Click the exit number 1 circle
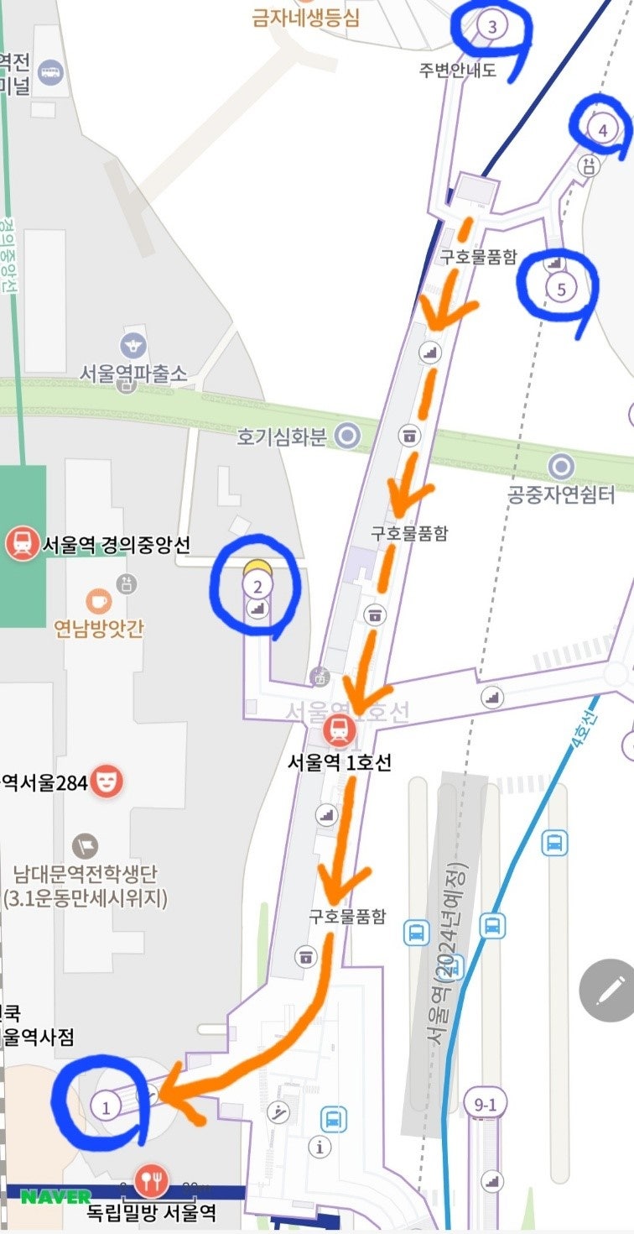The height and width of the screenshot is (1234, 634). [106, 1106]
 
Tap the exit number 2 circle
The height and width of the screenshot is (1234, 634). [257, 584]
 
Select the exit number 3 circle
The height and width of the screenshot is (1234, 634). [492, 27]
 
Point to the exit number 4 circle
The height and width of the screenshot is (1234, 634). [601, 129]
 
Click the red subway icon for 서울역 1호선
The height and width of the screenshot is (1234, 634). [339, 730]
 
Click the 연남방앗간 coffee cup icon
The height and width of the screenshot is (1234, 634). [99, 601]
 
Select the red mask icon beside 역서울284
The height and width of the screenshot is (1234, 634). [107, 782]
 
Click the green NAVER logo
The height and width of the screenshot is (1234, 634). [56, 1196]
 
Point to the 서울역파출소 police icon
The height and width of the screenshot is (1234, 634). [133, 343]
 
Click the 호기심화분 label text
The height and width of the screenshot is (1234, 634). [281, 437]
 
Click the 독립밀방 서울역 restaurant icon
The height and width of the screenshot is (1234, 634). [151, 1182]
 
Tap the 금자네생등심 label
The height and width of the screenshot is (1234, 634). [306, 17]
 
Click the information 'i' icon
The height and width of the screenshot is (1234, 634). [320, 1147]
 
